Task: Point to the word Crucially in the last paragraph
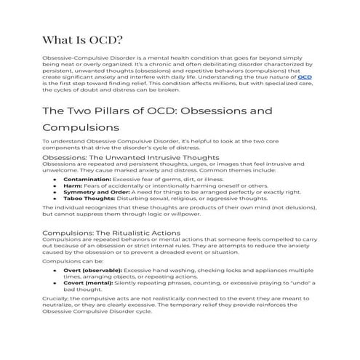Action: click(56, 300)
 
